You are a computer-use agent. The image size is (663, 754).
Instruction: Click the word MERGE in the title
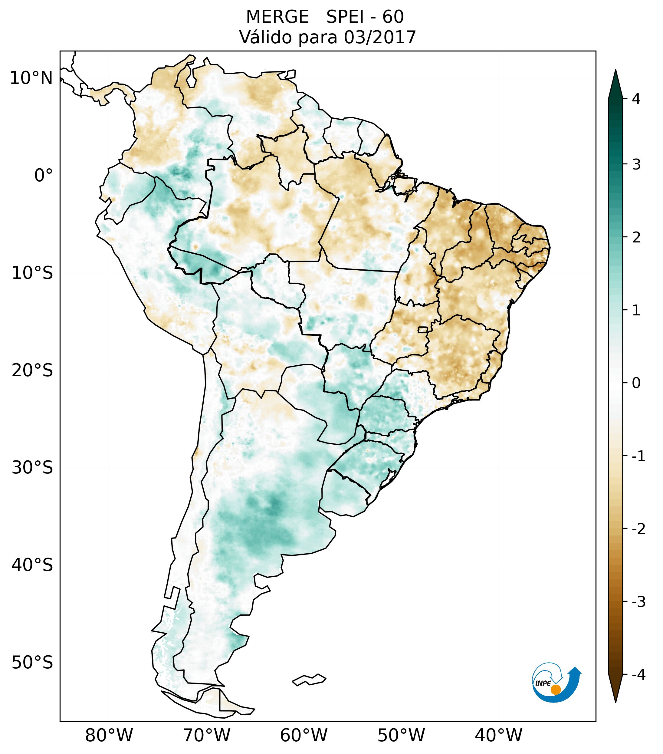tap(277, 17)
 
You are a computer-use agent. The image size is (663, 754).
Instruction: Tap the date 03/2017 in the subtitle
tap(380, 37)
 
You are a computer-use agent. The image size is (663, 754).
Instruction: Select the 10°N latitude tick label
tap(31, 78)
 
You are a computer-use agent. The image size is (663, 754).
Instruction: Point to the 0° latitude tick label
tap(44, 176)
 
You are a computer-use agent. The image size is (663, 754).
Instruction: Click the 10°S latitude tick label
tap(32, 273)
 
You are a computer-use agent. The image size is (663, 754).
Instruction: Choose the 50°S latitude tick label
tap(32, 663)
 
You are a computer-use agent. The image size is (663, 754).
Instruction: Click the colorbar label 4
tap(636, 99)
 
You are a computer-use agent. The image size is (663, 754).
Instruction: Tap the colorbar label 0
tap(636, 383)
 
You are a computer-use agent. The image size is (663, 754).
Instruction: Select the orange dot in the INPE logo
tap(555, 690)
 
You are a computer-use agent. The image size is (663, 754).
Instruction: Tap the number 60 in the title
tap(393, 17)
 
